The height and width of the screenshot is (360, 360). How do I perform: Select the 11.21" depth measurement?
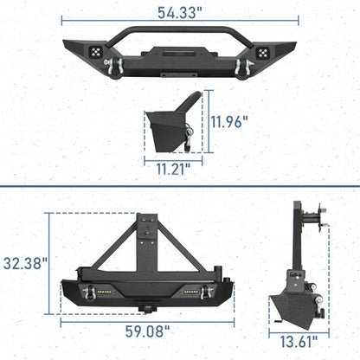point(174,168)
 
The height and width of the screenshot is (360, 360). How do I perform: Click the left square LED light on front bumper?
point(86,50)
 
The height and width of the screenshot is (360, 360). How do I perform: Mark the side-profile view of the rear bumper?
point(297,268)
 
